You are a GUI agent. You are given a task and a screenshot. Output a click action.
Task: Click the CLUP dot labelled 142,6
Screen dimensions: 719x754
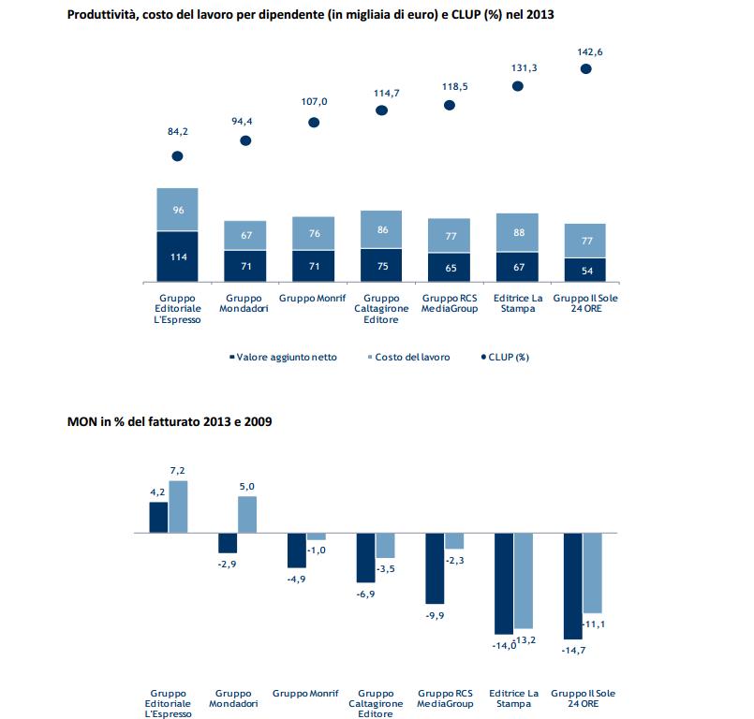pyautogui.click(x=585, y=68)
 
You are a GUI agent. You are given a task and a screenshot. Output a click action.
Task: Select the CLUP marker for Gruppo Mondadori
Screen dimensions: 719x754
pyautogui.click(x=245, y=140)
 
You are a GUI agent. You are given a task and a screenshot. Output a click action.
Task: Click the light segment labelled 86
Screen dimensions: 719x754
pyautogui.click(x=381, y=229)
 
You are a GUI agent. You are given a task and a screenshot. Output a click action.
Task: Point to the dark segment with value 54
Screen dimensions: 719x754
pyautogui.click(x=585, y=270)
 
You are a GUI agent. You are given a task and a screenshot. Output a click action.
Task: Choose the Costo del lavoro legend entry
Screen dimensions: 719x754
pyautogui.click(x=407, y=357)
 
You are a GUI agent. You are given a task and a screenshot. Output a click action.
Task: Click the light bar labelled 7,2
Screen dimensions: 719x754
pyautogui.click(x=178, y=506)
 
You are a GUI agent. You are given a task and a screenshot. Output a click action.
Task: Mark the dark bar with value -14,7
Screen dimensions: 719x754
pyautogui.click(x=572, y=585)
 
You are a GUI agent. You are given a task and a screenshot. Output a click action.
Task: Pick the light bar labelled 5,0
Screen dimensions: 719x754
pyautogui.click(x=247, y=514)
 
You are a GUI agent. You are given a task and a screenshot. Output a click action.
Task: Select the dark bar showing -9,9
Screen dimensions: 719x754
pyautogui.click(x=435, y=567)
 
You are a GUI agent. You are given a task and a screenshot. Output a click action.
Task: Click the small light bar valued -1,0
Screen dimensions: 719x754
pyautogui.click(x=317, y=536)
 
